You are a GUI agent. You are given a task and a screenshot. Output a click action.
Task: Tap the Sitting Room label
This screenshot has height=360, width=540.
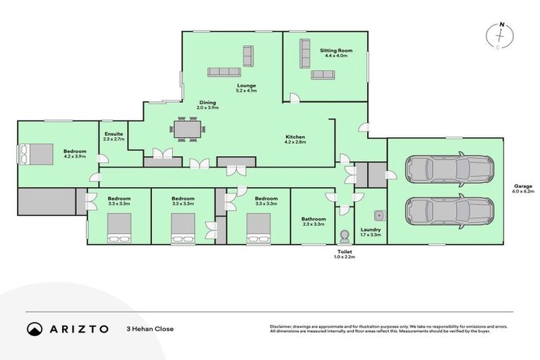pos(335,51)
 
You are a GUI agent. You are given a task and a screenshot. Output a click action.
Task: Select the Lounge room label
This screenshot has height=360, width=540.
pos(245,86)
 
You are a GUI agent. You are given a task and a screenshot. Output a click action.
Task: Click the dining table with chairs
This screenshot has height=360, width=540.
pos(188,129)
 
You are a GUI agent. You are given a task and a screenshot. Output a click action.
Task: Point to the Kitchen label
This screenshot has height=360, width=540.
pos(295,136)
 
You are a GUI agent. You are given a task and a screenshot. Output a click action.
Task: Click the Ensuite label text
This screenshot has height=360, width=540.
pos(113,134)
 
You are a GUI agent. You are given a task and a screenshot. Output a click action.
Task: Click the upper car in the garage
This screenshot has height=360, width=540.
pos(449,169)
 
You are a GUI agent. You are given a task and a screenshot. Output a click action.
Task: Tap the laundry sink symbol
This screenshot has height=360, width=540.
pos(378,215)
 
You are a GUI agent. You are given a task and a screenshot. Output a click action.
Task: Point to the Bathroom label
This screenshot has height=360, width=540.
pos(314,219)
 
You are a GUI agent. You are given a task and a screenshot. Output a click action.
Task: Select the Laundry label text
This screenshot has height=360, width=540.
pos(370,229)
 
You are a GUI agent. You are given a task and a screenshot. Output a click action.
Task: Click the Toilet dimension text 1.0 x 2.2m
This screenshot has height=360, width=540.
pos(345,257)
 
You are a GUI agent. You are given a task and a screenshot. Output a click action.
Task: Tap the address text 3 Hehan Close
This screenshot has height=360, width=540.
pos(150,328)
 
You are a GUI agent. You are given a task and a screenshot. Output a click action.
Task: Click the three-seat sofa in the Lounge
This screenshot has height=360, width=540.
pos(224,72)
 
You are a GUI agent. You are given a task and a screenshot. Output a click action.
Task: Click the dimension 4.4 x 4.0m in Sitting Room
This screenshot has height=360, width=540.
pos(335,56)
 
